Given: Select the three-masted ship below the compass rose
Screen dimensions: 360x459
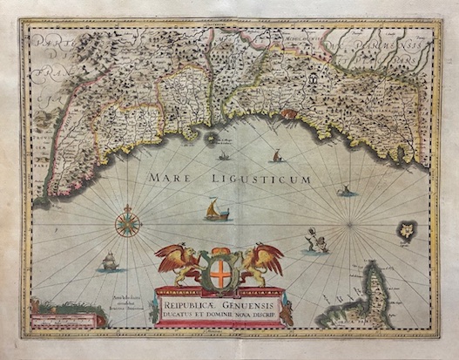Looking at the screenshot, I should tap(110, 261).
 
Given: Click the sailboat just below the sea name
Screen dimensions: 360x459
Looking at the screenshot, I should tap(213, 210).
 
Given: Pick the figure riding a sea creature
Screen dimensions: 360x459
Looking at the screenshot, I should tap(314, 242).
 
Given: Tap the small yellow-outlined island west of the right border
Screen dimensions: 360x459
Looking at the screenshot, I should tap(406, 231).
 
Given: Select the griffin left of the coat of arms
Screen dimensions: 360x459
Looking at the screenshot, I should tap(179, 263).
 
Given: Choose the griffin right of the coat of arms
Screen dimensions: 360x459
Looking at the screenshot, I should tap(262, 263).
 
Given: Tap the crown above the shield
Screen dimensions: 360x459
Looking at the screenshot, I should tap(220, 251).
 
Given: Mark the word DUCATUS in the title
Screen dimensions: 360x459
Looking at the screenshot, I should tap(183, 316).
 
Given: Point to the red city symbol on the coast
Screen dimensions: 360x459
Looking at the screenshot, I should tap(213, 137).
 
